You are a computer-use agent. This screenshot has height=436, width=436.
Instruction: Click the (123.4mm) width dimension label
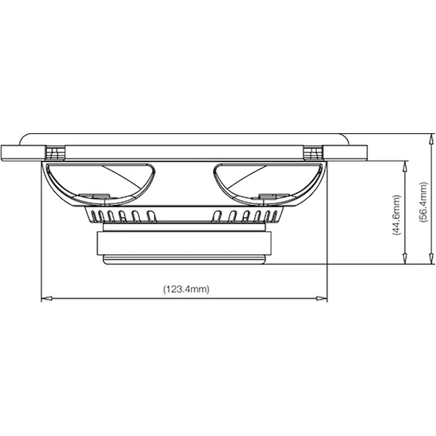pos(186,289)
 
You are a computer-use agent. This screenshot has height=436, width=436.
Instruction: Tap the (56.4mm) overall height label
pos(422,202)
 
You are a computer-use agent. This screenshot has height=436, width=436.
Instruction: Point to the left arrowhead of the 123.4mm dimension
pos(47,298)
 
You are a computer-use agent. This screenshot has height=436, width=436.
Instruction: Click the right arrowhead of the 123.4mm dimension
pos(322,298)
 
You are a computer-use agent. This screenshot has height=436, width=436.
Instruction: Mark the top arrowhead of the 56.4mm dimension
pos(431,139)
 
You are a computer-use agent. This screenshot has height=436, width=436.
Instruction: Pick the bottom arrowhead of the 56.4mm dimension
pos(431,259)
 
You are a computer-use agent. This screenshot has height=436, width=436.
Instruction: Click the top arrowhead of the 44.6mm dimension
pos(405,166)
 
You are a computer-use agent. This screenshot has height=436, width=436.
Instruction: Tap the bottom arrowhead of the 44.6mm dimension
pos(405,259)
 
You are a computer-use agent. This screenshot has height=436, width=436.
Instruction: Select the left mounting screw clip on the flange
pos(55,153)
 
